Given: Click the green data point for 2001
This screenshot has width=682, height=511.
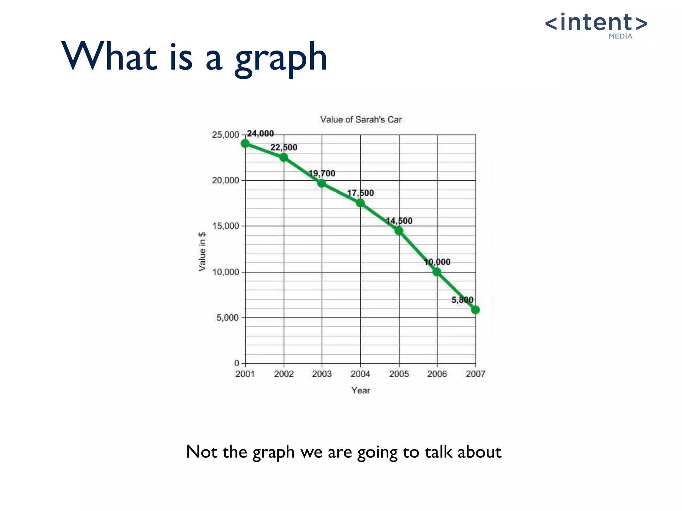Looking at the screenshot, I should point(245,144).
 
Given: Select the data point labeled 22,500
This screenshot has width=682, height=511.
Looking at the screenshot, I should point(284,157).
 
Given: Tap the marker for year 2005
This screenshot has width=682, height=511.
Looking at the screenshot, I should point(399,231).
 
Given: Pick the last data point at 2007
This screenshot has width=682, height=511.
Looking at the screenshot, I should point(476,310).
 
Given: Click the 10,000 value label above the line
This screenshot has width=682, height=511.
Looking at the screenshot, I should point(437,262).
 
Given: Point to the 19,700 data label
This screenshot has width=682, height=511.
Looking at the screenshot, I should point(322,173).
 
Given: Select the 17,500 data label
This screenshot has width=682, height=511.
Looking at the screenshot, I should point(360,193).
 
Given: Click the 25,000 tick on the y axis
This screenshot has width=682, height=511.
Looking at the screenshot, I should point(225,135).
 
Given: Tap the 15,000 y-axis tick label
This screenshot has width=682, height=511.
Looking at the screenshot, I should point(225,226).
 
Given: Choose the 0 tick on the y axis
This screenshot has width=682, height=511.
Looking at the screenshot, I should point(237,363).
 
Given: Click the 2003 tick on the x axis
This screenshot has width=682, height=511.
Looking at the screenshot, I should point(322,374).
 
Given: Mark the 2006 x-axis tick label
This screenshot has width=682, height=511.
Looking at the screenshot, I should point(437,374).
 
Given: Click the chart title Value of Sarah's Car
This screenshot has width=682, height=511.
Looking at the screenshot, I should point(361,120).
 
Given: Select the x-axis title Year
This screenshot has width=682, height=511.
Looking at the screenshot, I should point(361,391).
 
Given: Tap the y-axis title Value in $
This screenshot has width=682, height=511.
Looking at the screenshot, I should point(202,252).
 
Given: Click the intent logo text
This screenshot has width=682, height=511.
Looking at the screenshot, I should point(596,23).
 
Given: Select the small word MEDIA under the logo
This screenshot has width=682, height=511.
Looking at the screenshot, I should point(620,36).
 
